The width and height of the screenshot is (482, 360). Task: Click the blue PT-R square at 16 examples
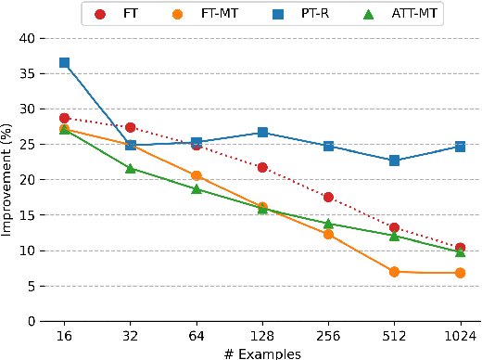[64, 63]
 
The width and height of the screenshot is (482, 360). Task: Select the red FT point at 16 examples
[64, 119]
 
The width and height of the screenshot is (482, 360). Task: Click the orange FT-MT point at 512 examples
[394, 272]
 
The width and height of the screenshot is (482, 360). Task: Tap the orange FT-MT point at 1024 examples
[460, 273]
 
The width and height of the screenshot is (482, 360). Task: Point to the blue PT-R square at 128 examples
[262, 133]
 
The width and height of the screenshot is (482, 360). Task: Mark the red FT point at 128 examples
[262, 168]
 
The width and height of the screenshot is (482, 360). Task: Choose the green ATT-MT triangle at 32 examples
[131, 168]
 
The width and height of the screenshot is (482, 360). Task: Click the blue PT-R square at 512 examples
[394, 161]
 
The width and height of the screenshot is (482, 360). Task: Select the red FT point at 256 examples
[328, 197]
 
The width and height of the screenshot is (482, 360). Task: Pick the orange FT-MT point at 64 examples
[197, 175]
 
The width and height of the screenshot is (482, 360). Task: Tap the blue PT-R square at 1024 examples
[460, 147]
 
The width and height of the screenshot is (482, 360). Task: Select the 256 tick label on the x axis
[328, 336]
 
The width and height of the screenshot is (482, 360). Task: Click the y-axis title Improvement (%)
[7, 180]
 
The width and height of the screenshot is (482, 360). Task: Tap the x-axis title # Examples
[261, 353]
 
